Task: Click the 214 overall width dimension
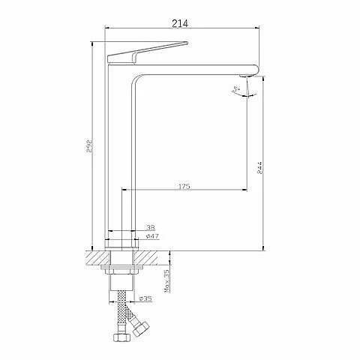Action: tap(180, 23)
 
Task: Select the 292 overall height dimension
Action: tap(89, 146)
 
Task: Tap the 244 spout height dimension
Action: tap(260, 167)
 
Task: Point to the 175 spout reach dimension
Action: tap(184, 186)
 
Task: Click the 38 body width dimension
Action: tap(151, 227)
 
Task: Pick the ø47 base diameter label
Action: tap(152, 236)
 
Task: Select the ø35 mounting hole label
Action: tap(145, 298)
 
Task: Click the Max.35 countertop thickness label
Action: tap(166, 280)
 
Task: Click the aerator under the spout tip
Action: tap(245, 76)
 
